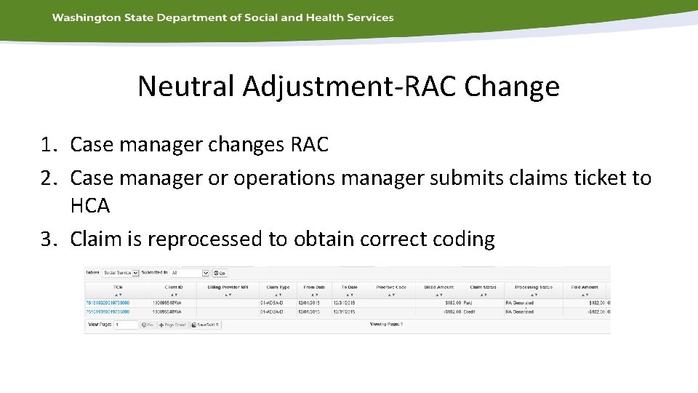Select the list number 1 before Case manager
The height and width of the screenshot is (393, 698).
click(x=48, y=145)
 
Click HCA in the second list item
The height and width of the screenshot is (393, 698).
click(x=90, y=207)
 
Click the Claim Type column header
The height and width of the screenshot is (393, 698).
click(x=277, y=287)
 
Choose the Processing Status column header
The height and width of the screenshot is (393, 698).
click(x=533, y=287)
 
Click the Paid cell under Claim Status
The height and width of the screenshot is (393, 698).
click(x=468, y=302)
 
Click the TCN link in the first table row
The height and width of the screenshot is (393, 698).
click(x=108, y=302)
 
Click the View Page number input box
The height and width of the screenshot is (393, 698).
click(x=125, y=325)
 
